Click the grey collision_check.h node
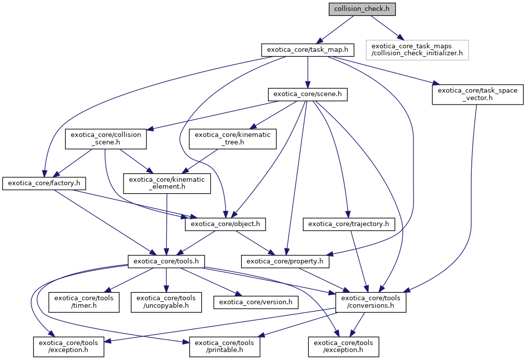(354, 9)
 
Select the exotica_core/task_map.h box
(308, 50)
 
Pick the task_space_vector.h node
(477, 94)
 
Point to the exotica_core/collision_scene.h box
(106, 139)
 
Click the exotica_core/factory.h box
(44, 184)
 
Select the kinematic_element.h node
(167, 184)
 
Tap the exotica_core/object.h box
(225, 225)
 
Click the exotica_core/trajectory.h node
(349, 225)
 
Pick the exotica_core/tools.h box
(166, 260)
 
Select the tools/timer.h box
(84, 302)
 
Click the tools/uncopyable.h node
(166, 302)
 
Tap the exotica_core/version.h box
(256, 302)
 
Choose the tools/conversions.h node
(371, 302)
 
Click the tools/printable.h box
(224, 347)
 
